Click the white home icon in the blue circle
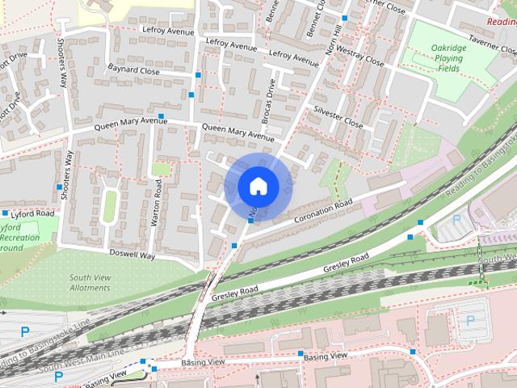(x=258, y=186)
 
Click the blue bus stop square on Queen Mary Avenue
(x=162, y=117)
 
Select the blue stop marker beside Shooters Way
(x=60, y=188)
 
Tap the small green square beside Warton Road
(x=162, y=169)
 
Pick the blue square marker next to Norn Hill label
(x=345, y=18)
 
